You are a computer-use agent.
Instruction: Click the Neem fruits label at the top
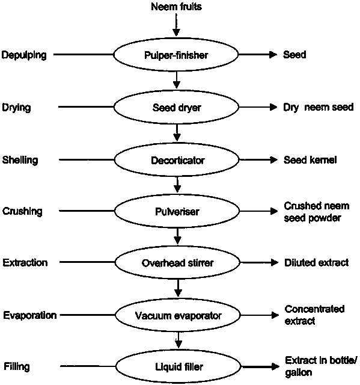[x=176, y=7]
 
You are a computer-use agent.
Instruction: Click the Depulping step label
[x=24, y=55]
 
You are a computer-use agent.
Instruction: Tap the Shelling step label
[x=20, y=160]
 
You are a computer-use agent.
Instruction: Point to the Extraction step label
[x=25, y=262]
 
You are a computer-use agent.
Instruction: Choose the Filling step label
[x=17, y=367]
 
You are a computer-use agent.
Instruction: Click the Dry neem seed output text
[x=319, y=107]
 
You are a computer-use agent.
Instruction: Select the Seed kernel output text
[x=310, y=160]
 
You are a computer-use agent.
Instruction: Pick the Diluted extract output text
[x=316, y=262]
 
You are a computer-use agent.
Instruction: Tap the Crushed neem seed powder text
[x=317, y=212]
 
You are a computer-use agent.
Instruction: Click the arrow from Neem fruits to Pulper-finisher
[x=176, y=25]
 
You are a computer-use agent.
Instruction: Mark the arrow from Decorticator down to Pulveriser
[x=177, y=185]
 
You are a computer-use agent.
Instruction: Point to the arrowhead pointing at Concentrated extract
[x=275, y=315]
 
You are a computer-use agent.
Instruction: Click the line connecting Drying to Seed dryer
[x=86, y=107]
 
